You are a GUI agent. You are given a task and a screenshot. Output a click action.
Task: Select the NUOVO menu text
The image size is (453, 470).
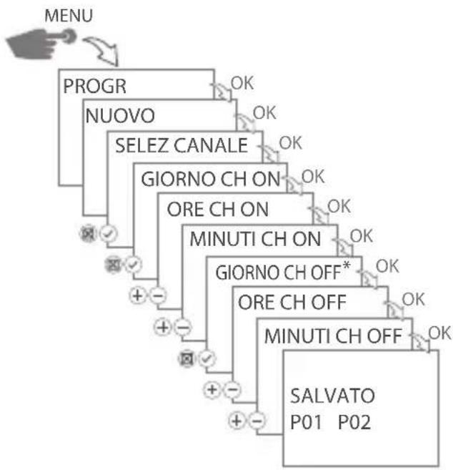(x=120, y=115)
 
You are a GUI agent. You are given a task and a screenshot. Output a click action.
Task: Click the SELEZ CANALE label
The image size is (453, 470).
(x=181, y=146)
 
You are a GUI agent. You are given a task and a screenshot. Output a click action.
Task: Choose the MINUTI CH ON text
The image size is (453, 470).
(x=254, y=240)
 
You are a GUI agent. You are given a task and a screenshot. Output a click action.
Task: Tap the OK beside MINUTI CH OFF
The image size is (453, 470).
(x=438, y=332)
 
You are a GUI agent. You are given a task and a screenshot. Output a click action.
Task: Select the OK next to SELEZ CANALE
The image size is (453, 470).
(x=290, y=142)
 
